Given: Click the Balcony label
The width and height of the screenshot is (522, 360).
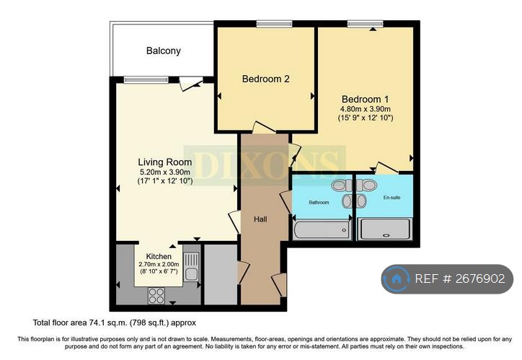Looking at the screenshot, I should [164, 51].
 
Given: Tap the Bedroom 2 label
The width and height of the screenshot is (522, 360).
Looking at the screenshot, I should [265, 79].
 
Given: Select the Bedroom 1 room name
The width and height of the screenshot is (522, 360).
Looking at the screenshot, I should [365, 99].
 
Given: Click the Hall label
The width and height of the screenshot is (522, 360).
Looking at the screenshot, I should [260, 219].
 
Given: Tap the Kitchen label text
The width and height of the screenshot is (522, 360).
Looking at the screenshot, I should [159, 256].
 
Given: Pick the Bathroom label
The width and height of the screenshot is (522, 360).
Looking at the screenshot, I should [319, 203].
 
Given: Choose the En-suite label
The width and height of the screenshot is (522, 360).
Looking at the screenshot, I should [391, 197].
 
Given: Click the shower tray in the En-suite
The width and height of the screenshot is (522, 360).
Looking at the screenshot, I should [385, 229].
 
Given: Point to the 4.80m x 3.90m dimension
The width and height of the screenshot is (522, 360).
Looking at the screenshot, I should [366, 109].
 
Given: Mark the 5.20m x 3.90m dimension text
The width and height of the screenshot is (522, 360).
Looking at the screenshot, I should [164, 172].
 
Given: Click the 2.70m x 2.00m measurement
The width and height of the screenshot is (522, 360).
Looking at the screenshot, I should [159, 265].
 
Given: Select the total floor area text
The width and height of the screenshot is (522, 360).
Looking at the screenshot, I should [114, 322].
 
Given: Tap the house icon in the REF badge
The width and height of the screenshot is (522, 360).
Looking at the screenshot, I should [396, 279].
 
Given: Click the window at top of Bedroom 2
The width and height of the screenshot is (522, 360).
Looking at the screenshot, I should [270, 25].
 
